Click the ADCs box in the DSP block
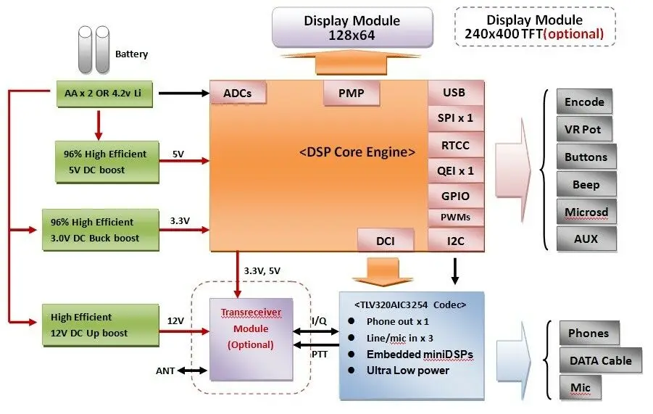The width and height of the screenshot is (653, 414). pos(238,92)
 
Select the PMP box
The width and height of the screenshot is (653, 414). pos(352,93)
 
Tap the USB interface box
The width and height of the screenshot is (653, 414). pos(456,93)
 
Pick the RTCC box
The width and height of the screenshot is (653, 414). pos(456,145)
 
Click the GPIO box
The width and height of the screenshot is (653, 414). pos(456,196)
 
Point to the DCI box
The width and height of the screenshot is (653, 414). pos(386,240)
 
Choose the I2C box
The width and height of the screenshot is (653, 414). pos(456,240)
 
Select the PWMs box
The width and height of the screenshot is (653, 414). pos(456,217)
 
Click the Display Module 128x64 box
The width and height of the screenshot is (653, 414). pos(352,27)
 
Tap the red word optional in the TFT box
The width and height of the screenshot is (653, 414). pos(573,34)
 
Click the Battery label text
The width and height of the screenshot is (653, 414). pos(131,54)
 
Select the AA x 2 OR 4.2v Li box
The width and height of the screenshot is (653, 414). pos(104,94)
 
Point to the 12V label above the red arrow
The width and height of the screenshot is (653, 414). pos(175,320)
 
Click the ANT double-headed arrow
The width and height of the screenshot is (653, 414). pos(192,370)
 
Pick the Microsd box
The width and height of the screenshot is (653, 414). pos(586,212)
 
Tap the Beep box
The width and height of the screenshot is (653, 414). pos(586,184)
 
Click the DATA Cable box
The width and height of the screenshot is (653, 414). pos(601,360)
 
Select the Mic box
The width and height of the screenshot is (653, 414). pos(581,387)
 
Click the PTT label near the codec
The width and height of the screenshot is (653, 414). pos(320,355)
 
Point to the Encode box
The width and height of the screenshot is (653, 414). pos(584,102)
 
